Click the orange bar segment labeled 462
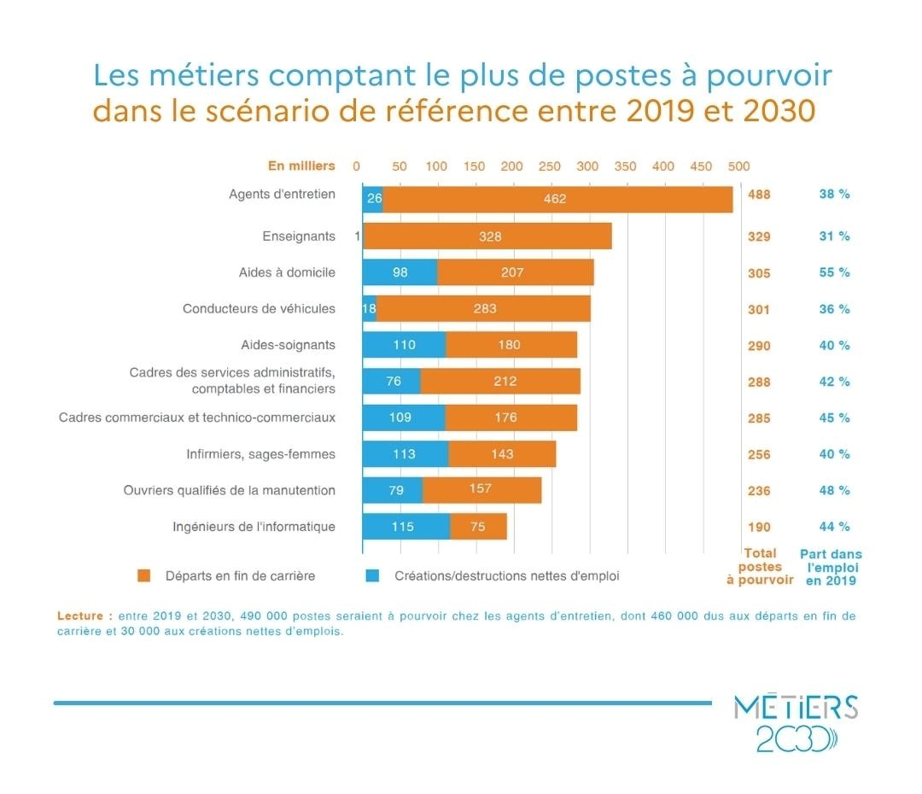tap(557, 199)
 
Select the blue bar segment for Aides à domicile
tap(400, 272)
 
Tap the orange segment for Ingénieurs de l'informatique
tap(478, 527)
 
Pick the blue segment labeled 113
tap(405, 454)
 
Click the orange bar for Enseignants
tap(488, 236)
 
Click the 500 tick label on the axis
tap(738, 166)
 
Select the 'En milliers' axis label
tap(301, 166)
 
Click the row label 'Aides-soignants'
tap(288, 345)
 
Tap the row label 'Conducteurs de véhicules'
tap(259, 308)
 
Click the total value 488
tap(759, 195)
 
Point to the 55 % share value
tap(834, 273)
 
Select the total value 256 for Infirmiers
tap(759, 454)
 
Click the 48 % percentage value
tap(834, 491)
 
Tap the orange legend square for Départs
tap(144, 575)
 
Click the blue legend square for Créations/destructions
tap(372, 575)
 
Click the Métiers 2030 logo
tap(795, 723)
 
